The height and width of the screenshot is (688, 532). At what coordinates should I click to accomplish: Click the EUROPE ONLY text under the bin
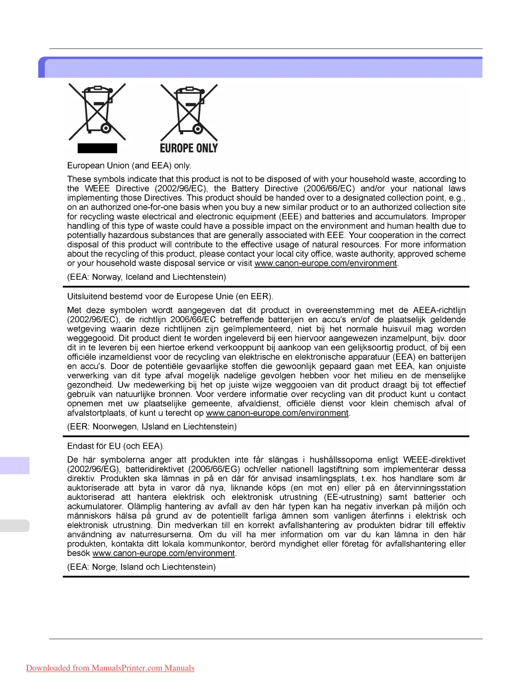point(189,149)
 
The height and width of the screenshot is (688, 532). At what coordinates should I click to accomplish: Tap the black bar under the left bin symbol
point(97,149)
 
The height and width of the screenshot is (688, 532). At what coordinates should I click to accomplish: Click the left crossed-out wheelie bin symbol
point(97,112)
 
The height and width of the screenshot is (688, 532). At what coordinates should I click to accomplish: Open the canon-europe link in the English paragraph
point(326,263)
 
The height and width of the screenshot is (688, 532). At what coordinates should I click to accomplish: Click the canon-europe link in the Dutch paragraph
point(277,413)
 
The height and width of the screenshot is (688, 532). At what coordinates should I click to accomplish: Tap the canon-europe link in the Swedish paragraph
point(164,553)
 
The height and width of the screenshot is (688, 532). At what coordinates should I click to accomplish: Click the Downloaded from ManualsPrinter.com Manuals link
point(110,668)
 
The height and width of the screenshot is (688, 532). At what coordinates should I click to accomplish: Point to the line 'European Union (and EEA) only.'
point(129,165)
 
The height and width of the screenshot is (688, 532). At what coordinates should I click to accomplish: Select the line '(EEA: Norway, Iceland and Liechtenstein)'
point(146,277)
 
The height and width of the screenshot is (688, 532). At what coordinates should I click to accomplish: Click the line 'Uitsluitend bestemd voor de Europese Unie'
point(170,297)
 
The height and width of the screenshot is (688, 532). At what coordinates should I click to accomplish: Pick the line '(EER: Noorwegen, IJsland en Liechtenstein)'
point(152,427)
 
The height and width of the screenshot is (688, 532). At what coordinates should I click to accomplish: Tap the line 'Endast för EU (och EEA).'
point(116,446)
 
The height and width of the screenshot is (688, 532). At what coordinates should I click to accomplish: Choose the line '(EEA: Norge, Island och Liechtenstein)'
point(141,567)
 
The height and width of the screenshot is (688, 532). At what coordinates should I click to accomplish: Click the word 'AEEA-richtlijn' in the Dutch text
point(439,310)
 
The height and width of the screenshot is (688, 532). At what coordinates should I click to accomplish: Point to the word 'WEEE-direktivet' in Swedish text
point(434,460)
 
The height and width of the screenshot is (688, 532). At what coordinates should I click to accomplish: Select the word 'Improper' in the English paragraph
point(449,216)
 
